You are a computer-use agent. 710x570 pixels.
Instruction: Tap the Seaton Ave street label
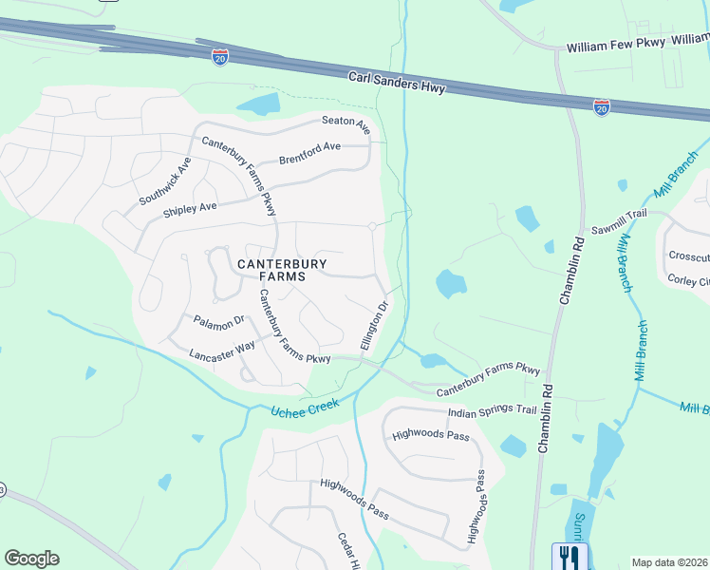[346, 121]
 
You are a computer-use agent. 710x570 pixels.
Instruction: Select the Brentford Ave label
[308, 152]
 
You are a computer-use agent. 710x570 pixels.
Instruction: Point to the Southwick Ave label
[165, 180]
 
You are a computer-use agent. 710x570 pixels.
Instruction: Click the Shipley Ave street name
[190, 207]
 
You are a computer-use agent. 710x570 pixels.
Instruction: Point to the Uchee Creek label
[305, 408]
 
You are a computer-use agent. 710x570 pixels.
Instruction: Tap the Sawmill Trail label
[618, 215]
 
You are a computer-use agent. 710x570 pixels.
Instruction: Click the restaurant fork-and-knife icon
[570, 555]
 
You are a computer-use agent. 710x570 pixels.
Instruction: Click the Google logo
[31, 559]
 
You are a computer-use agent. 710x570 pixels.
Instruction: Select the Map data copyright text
[669, 562]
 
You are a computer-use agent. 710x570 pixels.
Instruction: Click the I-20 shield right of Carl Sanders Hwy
[601, 107]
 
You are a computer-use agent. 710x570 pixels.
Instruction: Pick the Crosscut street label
[688, 256]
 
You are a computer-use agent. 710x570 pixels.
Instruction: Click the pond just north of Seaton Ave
[258, 104]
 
